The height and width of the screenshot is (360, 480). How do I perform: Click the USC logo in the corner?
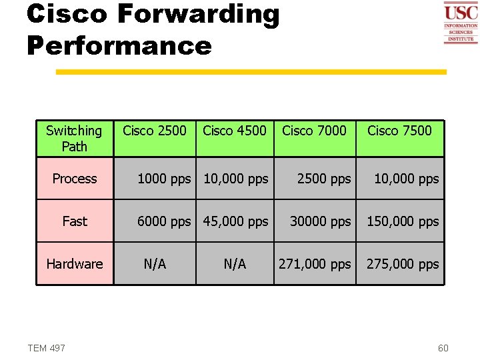(x=461, y=23)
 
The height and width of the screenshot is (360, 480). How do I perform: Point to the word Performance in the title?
(x=119, y=45)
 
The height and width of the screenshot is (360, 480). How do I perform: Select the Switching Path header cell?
(x=74, y=138)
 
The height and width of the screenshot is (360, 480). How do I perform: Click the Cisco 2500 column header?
(x=155, y=131)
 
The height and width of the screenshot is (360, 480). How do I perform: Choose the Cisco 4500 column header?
(x=234, y=131)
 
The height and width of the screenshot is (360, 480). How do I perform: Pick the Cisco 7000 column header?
(x=314, y=131)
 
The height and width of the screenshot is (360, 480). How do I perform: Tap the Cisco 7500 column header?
(x=399, y=131)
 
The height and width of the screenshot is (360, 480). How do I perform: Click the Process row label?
(x=75, y=179)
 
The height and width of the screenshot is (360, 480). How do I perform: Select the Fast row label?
(x=75, y=221)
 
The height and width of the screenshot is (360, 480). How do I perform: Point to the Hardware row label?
(x=75, y=264)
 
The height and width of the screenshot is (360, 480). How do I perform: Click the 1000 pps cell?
(x=163, y=179)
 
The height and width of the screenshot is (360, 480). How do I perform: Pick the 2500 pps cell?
(x=323, y=179)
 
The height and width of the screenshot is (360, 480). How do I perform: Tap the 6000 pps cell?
(x=163, y=221)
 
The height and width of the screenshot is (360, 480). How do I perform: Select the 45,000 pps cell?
(x=235, y=221)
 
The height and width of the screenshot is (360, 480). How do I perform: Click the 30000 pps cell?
(x=320, y=221)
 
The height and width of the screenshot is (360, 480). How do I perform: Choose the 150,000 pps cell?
(x=403, y=221)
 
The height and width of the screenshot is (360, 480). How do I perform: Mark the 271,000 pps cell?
(x=314, y=264)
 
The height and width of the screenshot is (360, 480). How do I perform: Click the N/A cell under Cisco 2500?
(x=155, y=264)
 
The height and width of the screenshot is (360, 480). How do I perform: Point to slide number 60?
(x=443, y=348)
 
